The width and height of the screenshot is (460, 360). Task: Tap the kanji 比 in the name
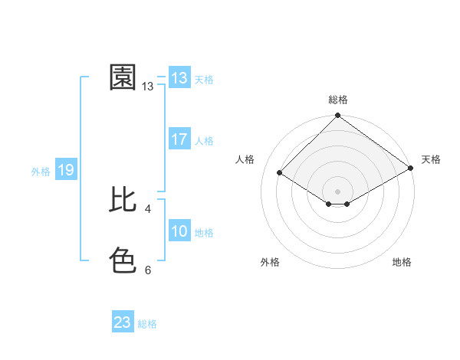(x=123, y=200)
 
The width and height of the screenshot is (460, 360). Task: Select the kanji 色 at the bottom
(x=123, y=260)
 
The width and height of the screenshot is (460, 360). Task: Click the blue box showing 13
(x=179, y=78)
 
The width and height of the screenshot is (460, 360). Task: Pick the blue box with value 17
(x=179, y=139)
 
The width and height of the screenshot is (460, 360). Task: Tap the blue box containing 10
(x=179, y=231)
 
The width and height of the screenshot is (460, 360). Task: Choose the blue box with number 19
(x=65, y=170)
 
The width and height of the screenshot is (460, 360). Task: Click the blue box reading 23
(x=123, y=322)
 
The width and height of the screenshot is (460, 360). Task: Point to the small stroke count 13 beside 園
(x=148, y=87)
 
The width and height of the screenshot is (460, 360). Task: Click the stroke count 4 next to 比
(x=147, y=208)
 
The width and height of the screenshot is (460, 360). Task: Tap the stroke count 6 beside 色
(x=147, y=270)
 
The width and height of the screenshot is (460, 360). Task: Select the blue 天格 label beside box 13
(x=204, y=80)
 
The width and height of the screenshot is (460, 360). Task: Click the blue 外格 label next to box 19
(x=41, y=172)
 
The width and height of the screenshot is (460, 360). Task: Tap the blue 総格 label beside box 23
(x=147, y=324)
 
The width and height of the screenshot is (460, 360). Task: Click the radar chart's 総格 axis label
(x=338, y=100)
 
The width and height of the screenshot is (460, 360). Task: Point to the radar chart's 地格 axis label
(x=402, y=262)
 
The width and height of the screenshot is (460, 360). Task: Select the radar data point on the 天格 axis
(x=411, y=169)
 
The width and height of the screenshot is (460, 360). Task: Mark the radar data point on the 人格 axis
(x=280, y=173)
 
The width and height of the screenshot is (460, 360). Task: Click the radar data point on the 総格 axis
(x=338, y=116)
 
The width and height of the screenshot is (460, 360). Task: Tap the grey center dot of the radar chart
(x=338, y=191)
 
